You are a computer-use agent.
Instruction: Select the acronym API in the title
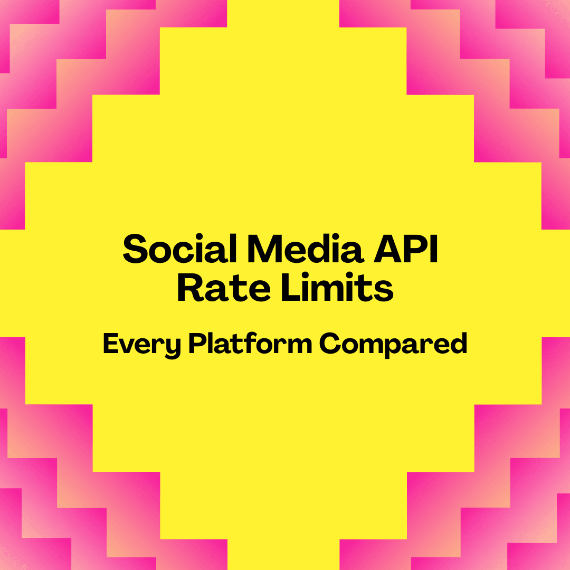click(406, 249)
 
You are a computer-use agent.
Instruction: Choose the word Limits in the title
click(337, 287)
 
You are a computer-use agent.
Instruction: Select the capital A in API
click(388, 249)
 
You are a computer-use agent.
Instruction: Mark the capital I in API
click(434, 249)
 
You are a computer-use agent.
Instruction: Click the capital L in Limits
click(291, 288)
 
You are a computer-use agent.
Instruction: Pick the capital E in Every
click(111, 344)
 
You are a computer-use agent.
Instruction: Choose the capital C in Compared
click(329, 344)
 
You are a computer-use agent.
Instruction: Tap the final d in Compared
click(459, 344)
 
